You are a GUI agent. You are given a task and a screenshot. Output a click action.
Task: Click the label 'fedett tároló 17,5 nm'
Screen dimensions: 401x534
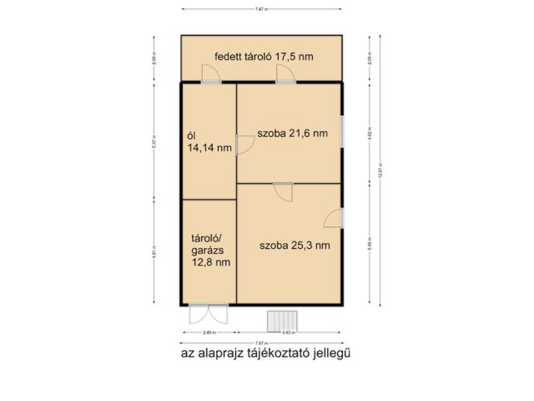(264, 57)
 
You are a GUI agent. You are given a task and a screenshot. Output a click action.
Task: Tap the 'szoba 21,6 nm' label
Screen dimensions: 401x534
(292, 133)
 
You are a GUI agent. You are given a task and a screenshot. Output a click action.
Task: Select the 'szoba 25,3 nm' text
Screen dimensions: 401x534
(295, 245)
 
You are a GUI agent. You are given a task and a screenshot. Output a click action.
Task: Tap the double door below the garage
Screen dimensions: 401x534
(208, 314)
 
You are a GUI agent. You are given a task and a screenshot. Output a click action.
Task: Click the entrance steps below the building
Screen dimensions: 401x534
(282, 320)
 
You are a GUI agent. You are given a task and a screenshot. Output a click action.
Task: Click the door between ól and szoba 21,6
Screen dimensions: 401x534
(244, 146)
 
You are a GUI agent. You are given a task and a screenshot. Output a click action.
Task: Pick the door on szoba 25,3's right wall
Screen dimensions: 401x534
(334, 217)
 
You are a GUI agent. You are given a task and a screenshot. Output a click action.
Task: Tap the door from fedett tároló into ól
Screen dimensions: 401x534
(210, 75)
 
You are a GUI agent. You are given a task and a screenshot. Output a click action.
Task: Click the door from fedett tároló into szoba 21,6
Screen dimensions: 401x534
(286, 75)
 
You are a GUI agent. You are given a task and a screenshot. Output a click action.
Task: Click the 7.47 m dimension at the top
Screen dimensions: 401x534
(261, 8)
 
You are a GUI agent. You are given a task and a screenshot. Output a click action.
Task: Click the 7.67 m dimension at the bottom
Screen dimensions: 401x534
(261, 343)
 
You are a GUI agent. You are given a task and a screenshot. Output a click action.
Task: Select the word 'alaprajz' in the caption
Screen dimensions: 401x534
(215, 353)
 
